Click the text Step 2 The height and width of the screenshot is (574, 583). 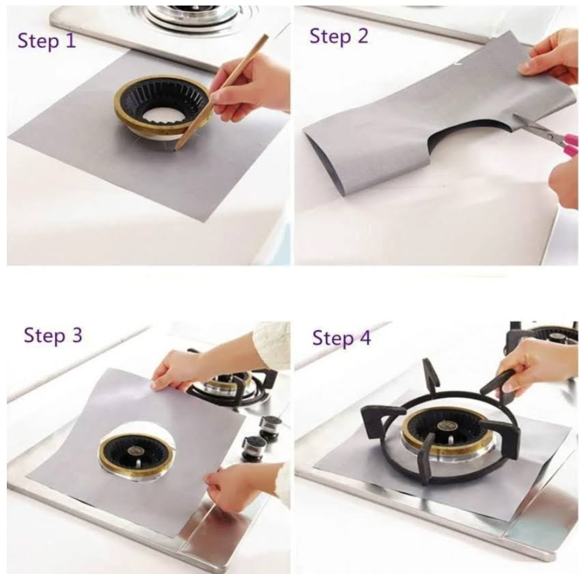pyautogui.click(x=339, y=36)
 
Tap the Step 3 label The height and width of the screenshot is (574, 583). pyautogui.click(x=53, y=335)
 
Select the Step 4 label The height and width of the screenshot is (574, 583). pyautogui.click(x=341, y=338)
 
